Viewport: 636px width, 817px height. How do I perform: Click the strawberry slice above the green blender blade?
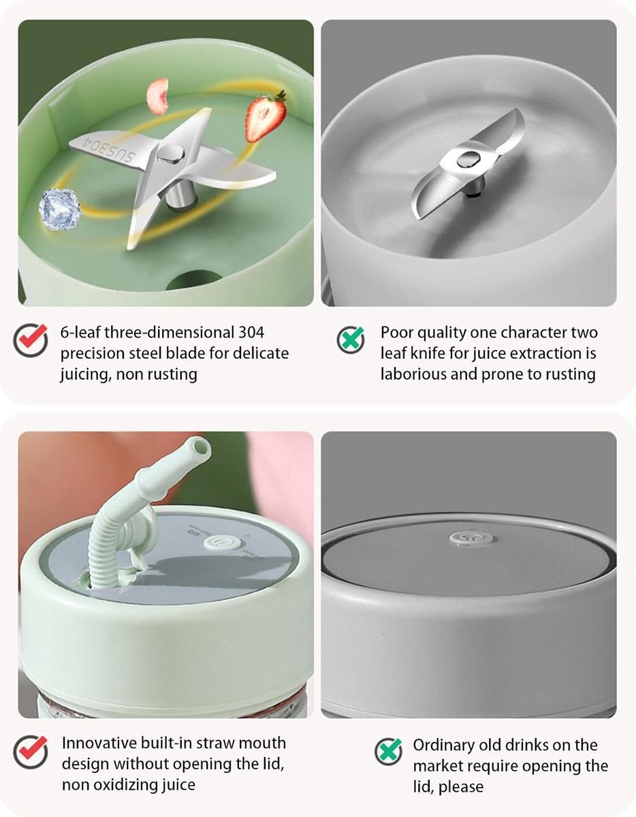point(266,117)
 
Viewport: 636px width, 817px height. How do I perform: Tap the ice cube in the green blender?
point(60,208)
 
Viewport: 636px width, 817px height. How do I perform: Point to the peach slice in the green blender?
point(157,96)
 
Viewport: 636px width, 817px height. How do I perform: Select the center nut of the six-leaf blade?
point(170,154)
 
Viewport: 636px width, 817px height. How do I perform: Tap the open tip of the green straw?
point(200,447)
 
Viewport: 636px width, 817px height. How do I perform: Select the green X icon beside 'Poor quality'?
point(351,340)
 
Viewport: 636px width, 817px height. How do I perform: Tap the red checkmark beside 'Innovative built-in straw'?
point(31,752)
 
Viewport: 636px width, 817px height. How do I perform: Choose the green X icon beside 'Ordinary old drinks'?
point(389,752)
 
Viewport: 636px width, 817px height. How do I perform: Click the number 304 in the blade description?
point(251,332)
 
